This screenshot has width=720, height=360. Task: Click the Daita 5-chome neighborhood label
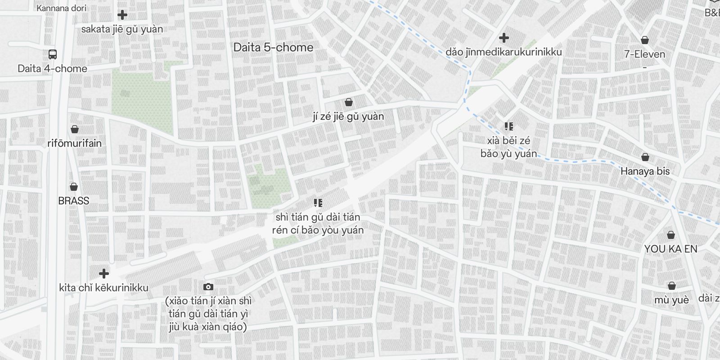point(273,47)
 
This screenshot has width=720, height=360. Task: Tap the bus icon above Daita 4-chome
point(52,55)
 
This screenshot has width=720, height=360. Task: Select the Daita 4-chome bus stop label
point(52,68)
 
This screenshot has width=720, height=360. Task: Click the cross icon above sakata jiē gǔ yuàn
point(122,15)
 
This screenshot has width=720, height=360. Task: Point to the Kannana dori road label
point(61,8)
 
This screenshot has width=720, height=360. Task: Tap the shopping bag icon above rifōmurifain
point(75,130)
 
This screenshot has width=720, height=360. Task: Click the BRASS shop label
point(74,201)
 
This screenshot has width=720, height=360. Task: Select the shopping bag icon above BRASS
point(74,187)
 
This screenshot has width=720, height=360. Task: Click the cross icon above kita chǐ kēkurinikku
point(104,274)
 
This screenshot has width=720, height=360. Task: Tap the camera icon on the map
point(208,287)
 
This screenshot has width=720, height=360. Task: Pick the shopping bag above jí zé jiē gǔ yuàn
point(348,103)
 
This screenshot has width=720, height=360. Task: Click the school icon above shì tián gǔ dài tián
point(318,203)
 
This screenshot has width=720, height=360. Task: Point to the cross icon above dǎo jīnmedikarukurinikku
point(504,38)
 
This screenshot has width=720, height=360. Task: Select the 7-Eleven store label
point(644,54)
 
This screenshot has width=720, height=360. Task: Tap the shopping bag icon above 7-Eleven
point(645,40)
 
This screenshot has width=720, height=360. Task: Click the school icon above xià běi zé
point(508,126)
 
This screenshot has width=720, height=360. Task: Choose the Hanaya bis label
point(645,171)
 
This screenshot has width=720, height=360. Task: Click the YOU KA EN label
point(670,249)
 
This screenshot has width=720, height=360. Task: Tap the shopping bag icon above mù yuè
point(671,286)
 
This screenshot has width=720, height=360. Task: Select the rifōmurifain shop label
point(75,143)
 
